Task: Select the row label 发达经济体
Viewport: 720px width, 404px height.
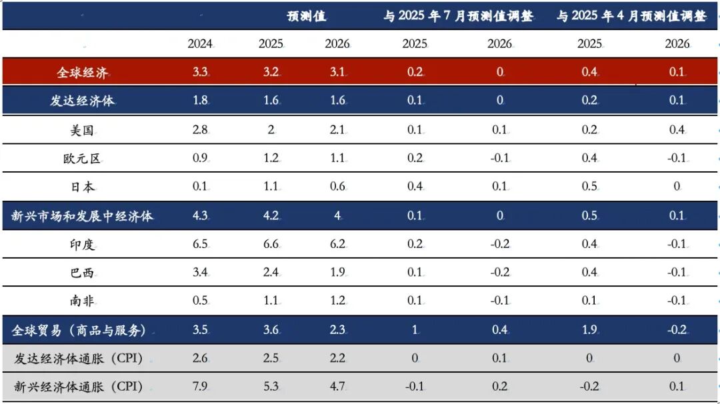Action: (83, 101)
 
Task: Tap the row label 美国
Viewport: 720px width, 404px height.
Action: (83, 130)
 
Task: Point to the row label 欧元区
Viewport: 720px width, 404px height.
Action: (83, 159)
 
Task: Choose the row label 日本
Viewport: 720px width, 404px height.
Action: (83, 187)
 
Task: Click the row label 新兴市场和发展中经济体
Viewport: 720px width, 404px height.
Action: (83, 216)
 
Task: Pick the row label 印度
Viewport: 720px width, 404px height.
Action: (83, 245)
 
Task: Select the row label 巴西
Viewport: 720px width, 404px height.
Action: (83, 273)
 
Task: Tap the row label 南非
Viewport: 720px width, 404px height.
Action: (83, 301)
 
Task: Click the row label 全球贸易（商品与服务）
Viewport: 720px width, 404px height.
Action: (79, 330)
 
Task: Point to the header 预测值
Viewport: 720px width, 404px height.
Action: (306, 16)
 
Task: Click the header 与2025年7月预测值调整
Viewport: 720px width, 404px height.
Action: (458, 16)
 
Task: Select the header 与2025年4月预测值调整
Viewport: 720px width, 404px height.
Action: (631, 16)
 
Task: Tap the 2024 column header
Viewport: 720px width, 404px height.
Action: (200, 44)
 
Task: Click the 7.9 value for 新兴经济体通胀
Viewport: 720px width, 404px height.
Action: (200, 387)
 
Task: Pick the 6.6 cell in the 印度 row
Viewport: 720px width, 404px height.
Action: (271, 245)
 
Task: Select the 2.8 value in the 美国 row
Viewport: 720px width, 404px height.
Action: (200, 130)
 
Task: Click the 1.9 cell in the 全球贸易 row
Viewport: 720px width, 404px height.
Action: (589, 330)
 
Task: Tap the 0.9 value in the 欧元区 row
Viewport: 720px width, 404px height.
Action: (200, 159)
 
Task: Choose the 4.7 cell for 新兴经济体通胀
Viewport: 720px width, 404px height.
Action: (337, 387)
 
